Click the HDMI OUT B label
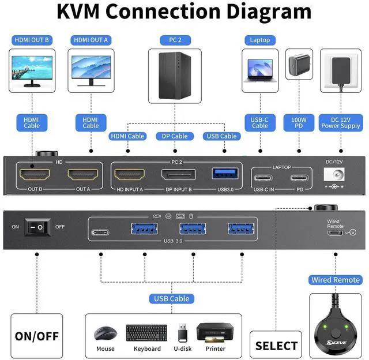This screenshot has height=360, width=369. tap(31, 40)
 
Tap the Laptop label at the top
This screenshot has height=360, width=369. tap(259, 40)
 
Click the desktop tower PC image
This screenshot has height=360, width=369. tap(174, 74)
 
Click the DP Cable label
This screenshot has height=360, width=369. tap(172, 136)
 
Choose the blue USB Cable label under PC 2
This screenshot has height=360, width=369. tap(220, 136)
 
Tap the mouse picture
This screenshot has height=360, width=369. tap(105, 334)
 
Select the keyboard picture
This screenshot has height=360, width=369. tap(146, 333)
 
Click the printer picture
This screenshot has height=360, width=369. tap(214, 333)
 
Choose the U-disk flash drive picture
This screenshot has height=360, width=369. tap(183, 333)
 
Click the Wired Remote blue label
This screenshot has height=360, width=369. tap(336, 280)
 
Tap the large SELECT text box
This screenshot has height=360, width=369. tap(276, 346)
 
